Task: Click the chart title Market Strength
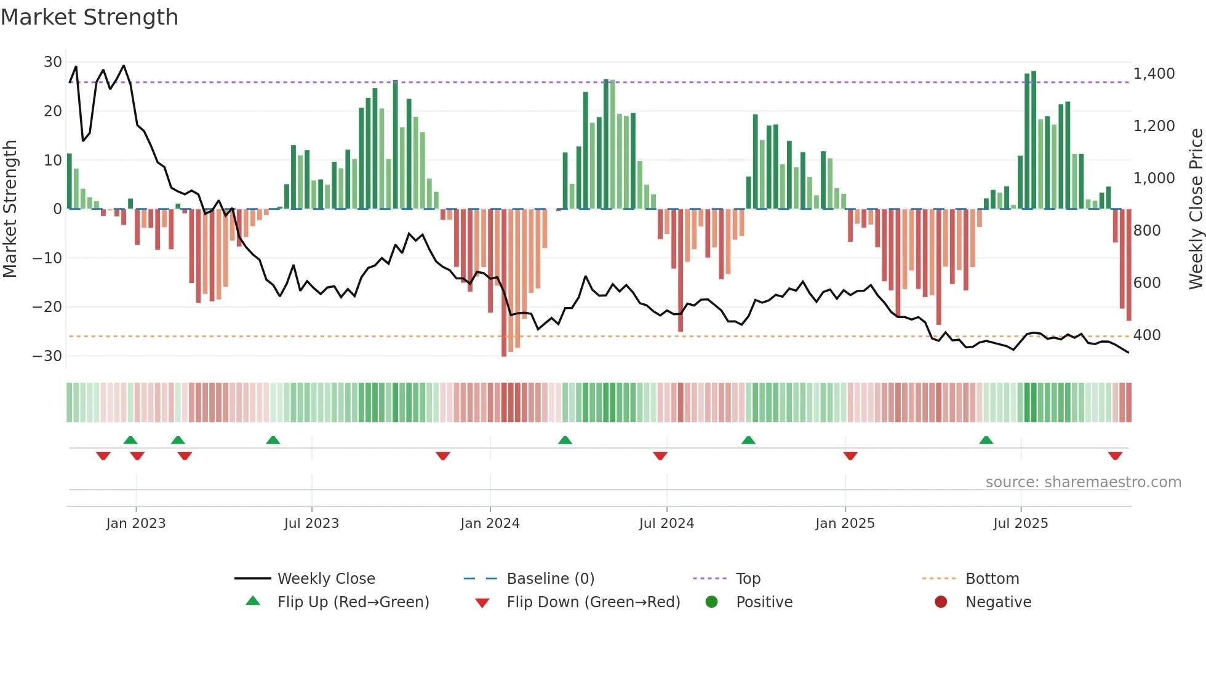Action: (x=89, y=17)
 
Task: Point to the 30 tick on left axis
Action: (x=53, y=62)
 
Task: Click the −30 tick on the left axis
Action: (x=47, y=356)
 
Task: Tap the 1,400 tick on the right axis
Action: (x=1154, y=74)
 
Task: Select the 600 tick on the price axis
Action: (x=1147, y=283)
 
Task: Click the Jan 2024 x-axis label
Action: (x=490, y=524)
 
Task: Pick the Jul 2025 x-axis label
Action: (x=1020, y=524)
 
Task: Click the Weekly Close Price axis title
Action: (x=1196, y=209)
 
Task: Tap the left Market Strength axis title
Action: (x=10, y=209)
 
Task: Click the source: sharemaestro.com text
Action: (x=1083, y=482)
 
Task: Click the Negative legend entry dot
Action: (x=940, y=602)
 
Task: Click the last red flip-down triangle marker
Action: (x=1115, y=456)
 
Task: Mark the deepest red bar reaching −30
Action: (x=504, y=283)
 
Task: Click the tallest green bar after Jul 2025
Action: (x=1034, y=140)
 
